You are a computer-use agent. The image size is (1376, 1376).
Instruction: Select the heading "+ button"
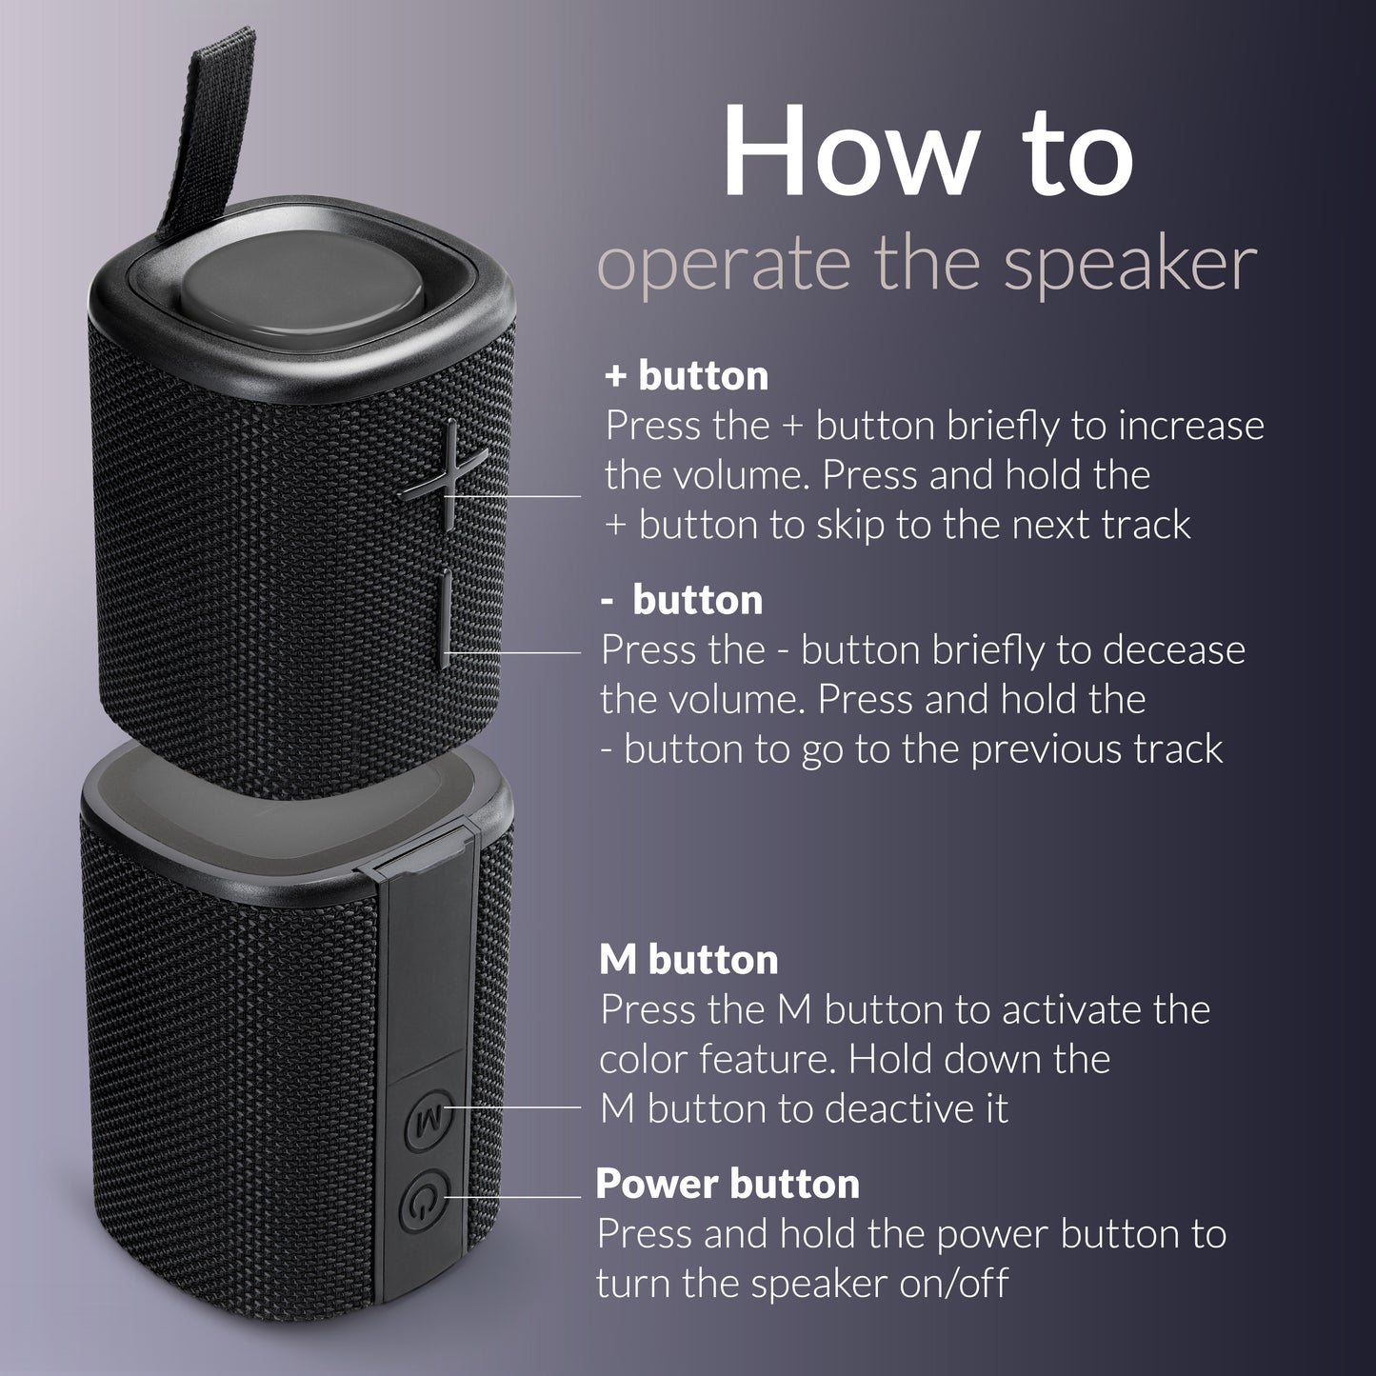687,376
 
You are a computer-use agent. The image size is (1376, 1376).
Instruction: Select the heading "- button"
682,601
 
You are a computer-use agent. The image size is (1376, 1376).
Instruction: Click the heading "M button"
688,960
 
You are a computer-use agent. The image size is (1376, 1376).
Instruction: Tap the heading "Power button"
728,1185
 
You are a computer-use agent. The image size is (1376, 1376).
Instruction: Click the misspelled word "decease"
1174,650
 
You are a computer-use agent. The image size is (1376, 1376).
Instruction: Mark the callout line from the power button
514,1196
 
